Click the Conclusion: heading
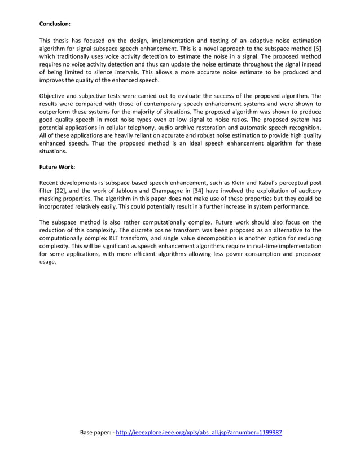tap(55, 24)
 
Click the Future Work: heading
tap(57, 168)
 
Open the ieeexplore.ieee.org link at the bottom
tap(199, 433)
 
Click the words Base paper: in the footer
tap(95, 433)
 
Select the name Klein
tap(251, 183)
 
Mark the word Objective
tap(53, 96)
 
